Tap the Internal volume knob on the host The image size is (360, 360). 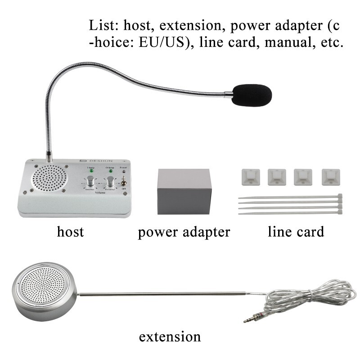coord(90,181)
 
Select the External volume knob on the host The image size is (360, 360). coord(109,181)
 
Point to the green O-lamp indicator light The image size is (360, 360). coord(109,171)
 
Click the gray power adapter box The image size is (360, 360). coord(184,192)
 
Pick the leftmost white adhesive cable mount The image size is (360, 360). coord(248,176)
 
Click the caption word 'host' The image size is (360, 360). coord(70,232)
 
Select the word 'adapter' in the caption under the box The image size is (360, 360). coord(205,233)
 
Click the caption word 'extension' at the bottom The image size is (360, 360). coord(170,336)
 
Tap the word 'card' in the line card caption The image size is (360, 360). coord(310,232)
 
